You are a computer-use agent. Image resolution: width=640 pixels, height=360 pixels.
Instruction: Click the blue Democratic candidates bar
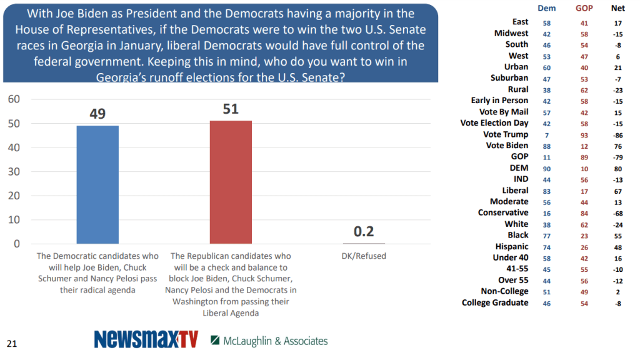(97, 184)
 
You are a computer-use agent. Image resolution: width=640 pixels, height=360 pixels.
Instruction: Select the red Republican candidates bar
(231, 182)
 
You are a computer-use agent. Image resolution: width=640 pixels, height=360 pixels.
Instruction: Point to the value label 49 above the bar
(97, 114)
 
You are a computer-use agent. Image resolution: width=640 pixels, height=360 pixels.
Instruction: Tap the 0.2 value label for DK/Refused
(364, 232)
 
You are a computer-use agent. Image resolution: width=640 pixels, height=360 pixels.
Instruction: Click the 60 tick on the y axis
(14, 99)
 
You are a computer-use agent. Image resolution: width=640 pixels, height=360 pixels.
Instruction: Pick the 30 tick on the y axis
(14, 172)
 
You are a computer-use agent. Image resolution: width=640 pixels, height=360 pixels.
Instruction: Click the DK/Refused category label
(364, 256)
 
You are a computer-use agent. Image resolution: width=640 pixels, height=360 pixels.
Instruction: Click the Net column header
(617, 8)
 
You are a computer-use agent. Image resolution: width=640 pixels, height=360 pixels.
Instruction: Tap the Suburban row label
(509, 78)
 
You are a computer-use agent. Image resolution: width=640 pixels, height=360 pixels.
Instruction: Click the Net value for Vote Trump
(617, 134)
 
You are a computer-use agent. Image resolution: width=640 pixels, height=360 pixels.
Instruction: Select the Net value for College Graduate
(617, 303)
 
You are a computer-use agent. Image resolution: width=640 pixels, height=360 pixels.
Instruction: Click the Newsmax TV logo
(146, 339)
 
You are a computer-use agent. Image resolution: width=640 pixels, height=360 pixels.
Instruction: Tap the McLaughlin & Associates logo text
(274, 341)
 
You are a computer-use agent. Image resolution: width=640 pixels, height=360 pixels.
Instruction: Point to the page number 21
(12, 343)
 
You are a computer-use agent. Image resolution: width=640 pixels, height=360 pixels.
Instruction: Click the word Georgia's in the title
(126, 77)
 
